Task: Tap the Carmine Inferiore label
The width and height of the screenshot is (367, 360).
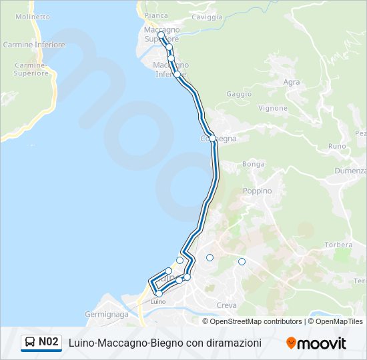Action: [x=34, y=45]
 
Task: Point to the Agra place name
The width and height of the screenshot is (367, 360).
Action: [x=292, y=83]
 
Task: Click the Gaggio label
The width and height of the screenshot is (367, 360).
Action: [x=239, y=95]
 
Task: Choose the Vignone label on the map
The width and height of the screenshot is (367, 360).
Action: [x=273, y=108]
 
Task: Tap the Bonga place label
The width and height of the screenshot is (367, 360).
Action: [x=254, y=164]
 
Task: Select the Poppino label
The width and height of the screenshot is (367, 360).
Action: [x=258, y=191]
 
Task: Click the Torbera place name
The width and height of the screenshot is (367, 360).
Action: [x=338, y=245]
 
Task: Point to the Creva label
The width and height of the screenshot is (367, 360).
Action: [x=227, y=305]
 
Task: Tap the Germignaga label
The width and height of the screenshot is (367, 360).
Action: [x=106, y=313]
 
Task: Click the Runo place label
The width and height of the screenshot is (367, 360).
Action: [x=337, y=146]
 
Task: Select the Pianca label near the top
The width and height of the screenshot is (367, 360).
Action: [x=155, y=15]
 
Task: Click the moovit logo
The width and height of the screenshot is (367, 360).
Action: [x=316, y=343]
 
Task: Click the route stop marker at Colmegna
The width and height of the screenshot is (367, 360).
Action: [x=212, y=139]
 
